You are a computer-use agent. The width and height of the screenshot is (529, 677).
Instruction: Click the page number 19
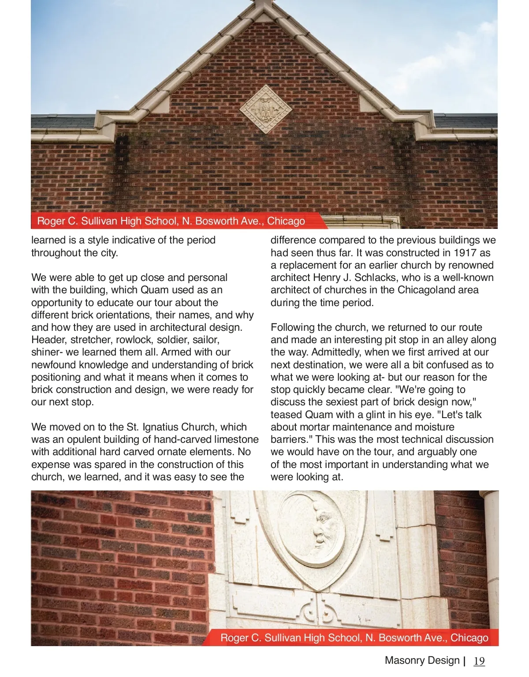479,661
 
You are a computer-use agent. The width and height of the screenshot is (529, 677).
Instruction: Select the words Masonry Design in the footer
422,660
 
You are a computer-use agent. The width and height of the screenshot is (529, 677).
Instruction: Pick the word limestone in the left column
237,439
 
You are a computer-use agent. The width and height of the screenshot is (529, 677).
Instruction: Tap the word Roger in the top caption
50,221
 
